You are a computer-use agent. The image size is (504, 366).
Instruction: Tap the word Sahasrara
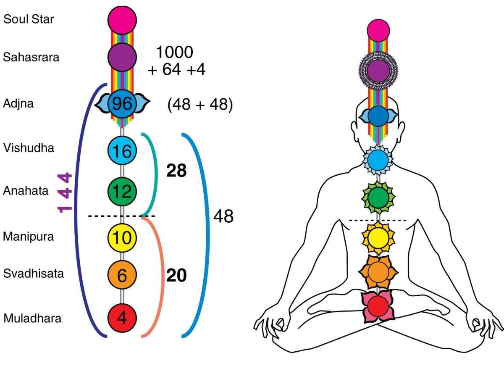click(x=31, y=57)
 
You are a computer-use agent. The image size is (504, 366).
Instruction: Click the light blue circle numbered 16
click(x=122, y=150)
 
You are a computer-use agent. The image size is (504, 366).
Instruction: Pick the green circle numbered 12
click(x=122, y=192)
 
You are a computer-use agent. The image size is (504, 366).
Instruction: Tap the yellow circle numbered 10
click(x=122, y=237)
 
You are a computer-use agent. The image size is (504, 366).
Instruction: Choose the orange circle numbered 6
click(x=122, y=275)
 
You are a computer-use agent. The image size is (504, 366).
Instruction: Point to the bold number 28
click(x=176, y=171)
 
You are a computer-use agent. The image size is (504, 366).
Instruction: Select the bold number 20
click(x=176, y=276)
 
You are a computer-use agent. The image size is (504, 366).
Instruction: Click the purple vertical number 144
click(x=66, y=192)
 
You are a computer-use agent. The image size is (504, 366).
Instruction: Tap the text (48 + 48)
click(x=200, y=105)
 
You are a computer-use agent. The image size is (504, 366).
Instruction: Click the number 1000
click(x=174, y=52)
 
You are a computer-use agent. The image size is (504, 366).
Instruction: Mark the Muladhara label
click(x=32, y=318)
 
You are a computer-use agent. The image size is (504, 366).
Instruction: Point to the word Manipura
click(x=29, y=237)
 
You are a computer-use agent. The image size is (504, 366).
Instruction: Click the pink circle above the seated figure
click(x=379, y=30)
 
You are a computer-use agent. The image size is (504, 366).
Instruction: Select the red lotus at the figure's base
click(x=378, y=305)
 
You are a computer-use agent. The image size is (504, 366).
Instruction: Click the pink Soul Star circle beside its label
click(x=122, y=19)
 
